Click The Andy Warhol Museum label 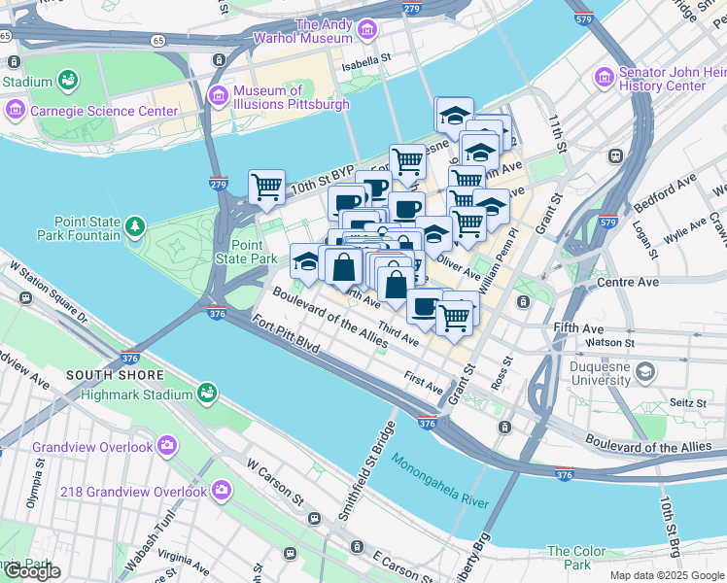coord(323,31)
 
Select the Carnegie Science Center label coord(104,110)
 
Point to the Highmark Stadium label coord(135,394)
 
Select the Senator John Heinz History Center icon coord(605,75)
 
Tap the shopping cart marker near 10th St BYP coord(265,186)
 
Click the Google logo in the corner coord(31,571)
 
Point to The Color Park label coord(583,558)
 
